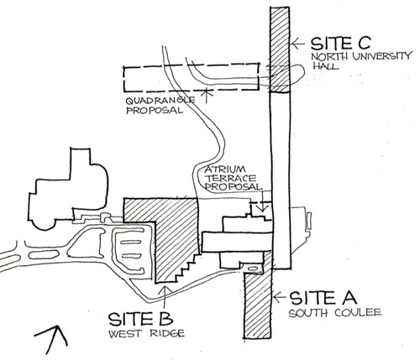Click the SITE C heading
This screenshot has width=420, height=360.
[341, 43]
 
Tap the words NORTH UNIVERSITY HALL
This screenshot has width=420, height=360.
[361, 60]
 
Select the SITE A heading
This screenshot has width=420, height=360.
[323, 298]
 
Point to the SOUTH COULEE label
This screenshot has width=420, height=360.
[335, 312]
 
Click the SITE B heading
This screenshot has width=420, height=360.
[140, 319]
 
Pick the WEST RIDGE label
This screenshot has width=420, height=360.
[146, 333]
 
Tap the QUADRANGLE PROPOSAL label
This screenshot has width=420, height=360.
[160, 105]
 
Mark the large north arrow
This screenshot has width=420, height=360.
[52, 339]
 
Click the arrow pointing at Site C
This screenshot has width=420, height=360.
[298, 44]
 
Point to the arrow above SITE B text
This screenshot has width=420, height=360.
[165, 297]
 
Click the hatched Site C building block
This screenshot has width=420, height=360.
[280, 50]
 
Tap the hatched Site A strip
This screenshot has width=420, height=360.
[258, 305]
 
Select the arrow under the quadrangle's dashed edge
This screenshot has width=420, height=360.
[207, 95]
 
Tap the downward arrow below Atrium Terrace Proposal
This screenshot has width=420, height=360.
[262, 201]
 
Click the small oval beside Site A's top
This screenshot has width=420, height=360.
[252, 269]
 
